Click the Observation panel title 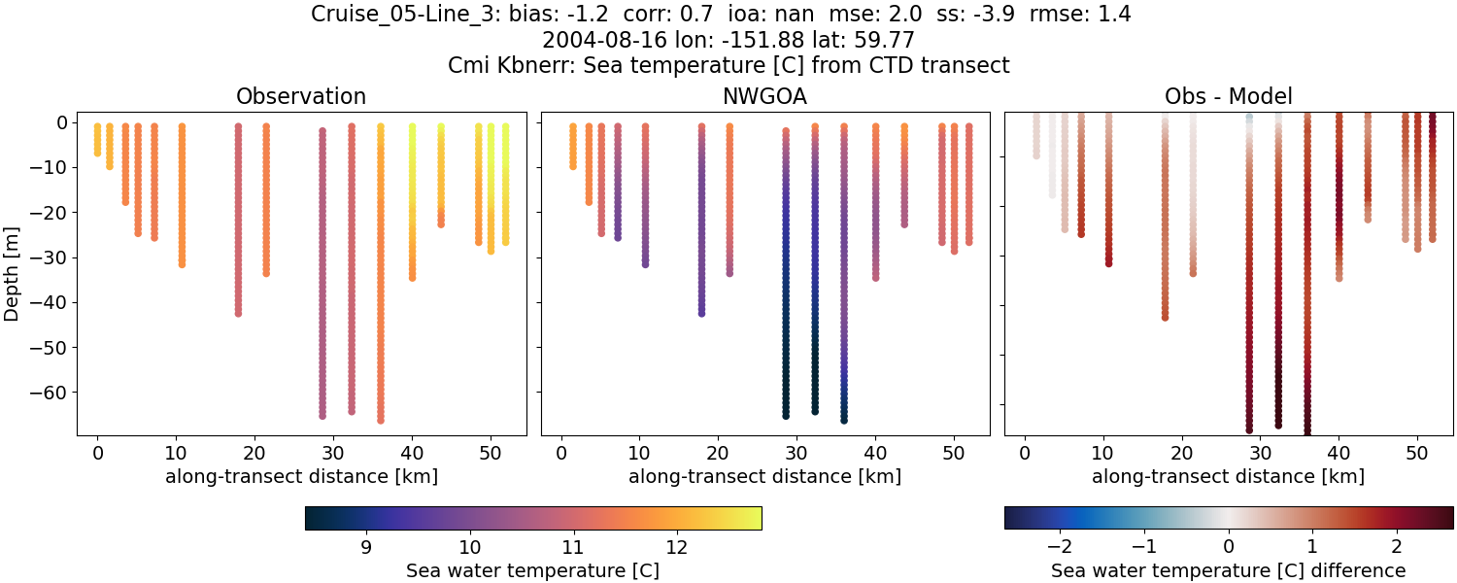[x=301, y=96]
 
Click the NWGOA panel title [x=764, y=96]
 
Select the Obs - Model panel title [x=1228, y=96]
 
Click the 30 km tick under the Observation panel [x=333, y=454]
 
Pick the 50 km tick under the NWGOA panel [x=954, y=454]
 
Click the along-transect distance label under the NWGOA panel [x=764, y=476]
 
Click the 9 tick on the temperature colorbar [x=366, y=546]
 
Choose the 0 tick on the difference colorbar [x=1228, y=546]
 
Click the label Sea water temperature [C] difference [x=1228, y=570]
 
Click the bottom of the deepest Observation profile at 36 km [x=381, y=420]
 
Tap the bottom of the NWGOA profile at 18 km [x=701, y=313]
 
